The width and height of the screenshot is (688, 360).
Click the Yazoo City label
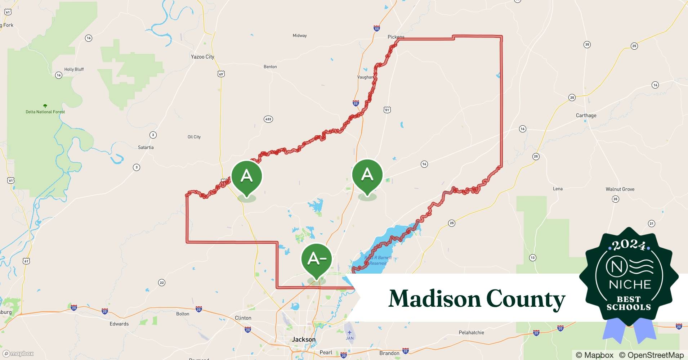(x=202, y=57)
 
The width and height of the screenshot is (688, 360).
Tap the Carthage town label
(x=586, y=116)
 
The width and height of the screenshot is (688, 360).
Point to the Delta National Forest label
(x=45, y=112)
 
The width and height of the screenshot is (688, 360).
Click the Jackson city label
(x=304, y=339)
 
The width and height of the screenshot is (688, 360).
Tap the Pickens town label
(x=396, y=37)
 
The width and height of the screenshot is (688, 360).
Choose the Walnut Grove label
(x=620, y=189)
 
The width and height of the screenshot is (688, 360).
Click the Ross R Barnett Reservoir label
(x=377, y=260)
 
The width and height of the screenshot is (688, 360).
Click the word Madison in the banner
(x=434, y=299)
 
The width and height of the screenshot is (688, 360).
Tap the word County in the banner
(x=526, y=299)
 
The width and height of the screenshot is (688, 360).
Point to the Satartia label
(x=146, y=147)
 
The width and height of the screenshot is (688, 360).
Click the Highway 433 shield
(x=268, y=119)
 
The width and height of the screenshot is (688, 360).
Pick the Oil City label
(x=194, y=137)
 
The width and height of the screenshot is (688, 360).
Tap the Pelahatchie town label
(x=471, y=332)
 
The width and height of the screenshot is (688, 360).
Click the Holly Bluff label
(x=74, y=69)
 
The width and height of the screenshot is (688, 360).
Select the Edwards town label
(x=119, y=324)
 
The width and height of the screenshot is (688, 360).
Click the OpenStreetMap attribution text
(x=651, y=355)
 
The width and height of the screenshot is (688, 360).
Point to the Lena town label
(x=558, y=189)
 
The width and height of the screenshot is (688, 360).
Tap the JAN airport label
(x=350, y=338)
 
